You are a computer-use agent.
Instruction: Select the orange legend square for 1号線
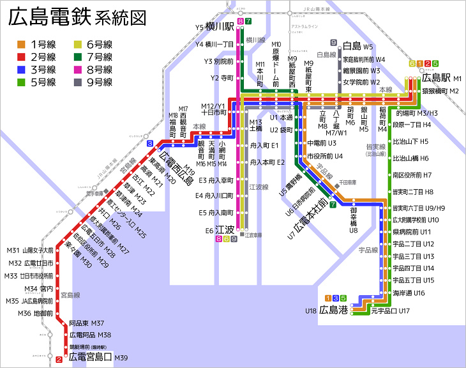(21, 44)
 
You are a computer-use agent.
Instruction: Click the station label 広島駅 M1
(441, 78)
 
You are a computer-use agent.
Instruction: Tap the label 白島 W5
(357, 47)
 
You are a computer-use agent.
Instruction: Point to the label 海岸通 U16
(409, 293)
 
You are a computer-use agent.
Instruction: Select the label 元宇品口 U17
(389, 310)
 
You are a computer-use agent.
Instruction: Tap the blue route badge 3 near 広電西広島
(149, 144)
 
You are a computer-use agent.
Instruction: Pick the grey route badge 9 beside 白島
(334, 42)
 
